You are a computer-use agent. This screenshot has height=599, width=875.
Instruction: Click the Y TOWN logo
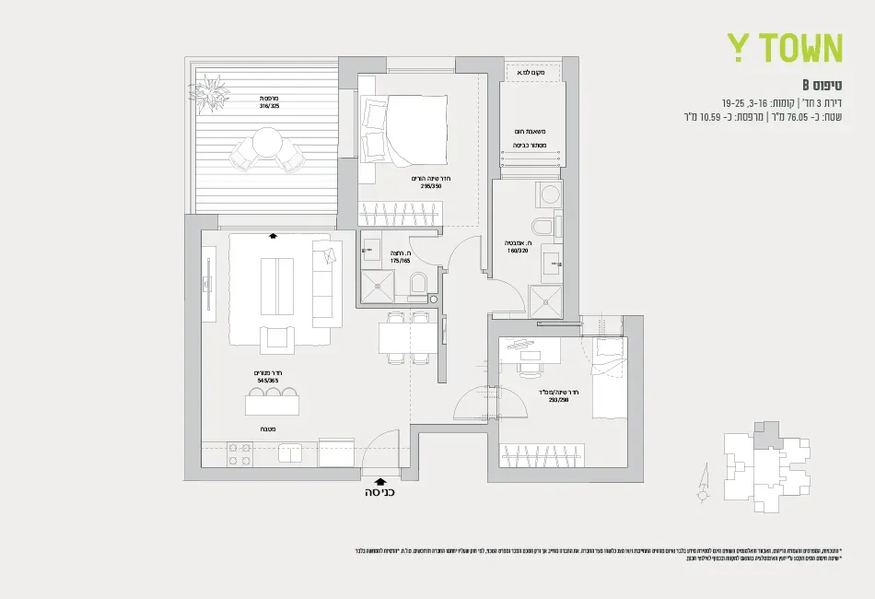coord(785,47)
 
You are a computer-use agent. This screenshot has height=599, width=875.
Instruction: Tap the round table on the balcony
coord(268,142)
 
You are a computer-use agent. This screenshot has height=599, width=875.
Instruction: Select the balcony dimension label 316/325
coord(270,105)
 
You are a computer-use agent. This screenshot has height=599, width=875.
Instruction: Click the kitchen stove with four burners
coord(239,453)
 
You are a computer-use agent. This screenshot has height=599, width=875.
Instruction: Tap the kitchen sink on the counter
coord(291,452)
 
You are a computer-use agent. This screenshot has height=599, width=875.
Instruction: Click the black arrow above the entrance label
coord(380,479)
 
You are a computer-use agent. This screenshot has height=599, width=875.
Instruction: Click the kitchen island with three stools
coord(272,403)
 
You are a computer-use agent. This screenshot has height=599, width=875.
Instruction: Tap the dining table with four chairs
coord(406,341)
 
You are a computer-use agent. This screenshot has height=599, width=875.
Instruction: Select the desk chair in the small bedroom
coord(529,368)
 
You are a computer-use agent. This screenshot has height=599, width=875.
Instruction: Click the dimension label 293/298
coord(559,400)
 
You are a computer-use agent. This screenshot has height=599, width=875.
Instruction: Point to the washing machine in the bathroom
coord(550,194)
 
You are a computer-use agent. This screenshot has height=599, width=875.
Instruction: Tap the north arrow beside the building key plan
coord(705,478)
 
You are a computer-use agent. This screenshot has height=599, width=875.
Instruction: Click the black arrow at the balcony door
coord(273,235)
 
